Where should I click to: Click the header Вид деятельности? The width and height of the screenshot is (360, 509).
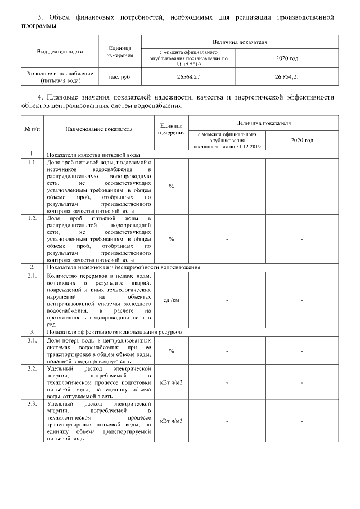click(x=60, y=52)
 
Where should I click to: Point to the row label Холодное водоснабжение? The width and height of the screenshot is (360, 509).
click(x=60, y=74)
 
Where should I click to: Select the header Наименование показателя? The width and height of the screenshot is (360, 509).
click(x=98, y=129)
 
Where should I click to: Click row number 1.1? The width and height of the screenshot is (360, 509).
click(x=32, y=163)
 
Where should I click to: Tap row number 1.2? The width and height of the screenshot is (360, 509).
click(x=32, y=218)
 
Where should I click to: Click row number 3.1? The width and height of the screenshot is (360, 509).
click(x=32, y=341)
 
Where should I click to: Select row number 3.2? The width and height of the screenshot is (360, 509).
click(x=32, y=369)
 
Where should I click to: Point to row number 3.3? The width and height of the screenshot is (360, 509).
click(x=32, y=404)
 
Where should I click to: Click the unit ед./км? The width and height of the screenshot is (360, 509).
click(x=171, y=300)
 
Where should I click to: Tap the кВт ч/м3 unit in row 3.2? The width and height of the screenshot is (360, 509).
click(x=171, y=382)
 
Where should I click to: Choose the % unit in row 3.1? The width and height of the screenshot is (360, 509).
click(x=171, y=351)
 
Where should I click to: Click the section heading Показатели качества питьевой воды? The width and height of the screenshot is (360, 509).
click(x=93, y=154)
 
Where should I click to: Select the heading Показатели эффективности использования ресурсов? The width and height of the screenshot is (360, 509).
click(x=115, y=332)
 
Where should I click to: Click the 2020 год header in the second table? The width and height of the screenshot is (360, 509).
click(x=302, y=139)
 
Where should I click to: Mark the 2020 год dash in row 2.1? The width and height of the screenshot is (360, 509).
click(x=302, y=300)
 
